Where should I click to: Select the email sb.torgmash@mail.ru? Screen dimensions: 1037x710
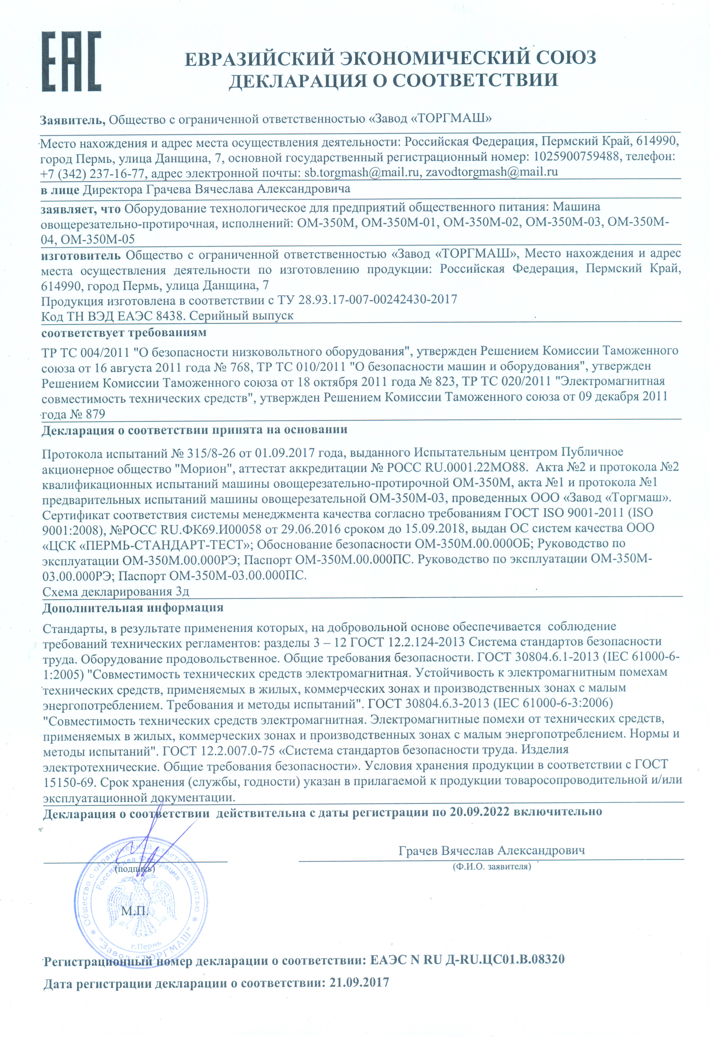362,172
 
